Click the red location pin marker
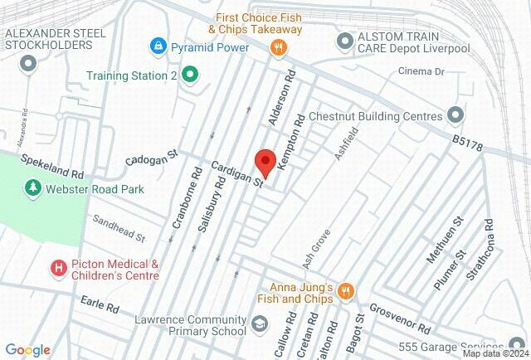point(265,160)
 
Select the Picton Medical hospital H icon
point(59,268)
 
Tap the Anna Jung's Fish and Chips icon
point(346,290)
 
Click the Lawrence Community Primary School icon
point(260,323)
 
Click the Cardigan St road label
point(236,172)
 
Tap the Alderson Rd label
point(279,97)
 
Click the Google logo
point(27,350)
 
